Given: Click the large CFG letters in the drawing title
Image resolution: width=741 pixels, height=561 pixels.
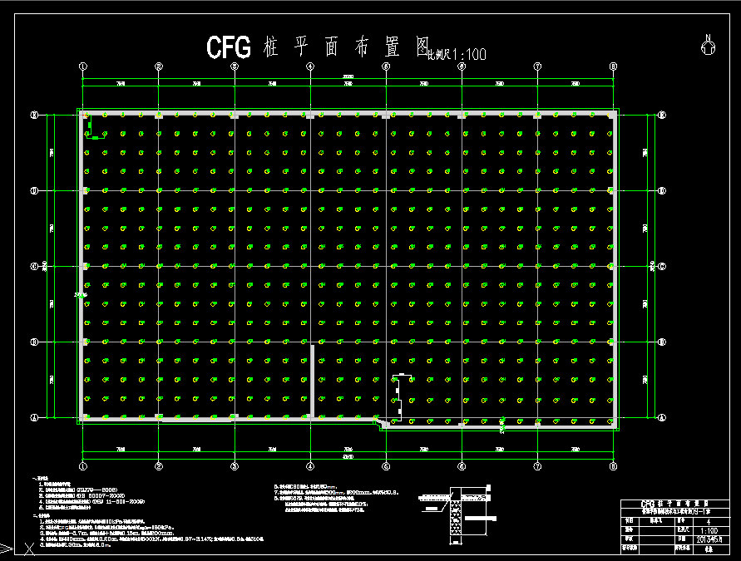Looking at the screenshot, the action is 228,47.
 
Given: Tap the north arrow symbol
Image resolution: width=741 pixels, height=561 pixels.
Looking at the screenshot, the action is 708,47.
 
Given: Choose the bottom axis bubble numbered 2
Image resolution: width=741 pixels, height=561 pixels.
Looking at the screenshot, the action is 159,466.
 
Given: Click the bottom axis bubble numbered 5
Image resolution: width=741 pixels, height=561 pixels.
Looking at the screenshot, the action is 386,466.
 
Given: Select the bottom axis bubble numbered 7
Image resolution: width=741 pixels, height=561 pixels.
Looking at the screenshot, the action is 537,466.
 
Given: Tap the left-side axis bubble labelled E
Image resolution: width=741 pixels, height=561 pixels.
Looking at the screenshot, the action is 34,115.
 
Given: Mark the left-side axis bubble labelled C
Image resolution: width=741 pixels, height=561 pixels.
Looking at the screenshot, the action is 34,266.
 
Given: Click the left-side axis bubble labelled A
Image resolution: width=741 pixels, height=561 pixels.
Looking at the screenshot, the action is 34,417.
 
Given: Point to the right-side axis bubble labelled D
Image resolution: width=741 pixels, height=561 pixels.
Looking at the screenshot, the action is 662,190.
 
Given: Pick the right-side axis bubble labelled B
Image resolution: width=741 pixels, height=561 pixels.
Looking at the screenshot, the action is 662,342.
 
